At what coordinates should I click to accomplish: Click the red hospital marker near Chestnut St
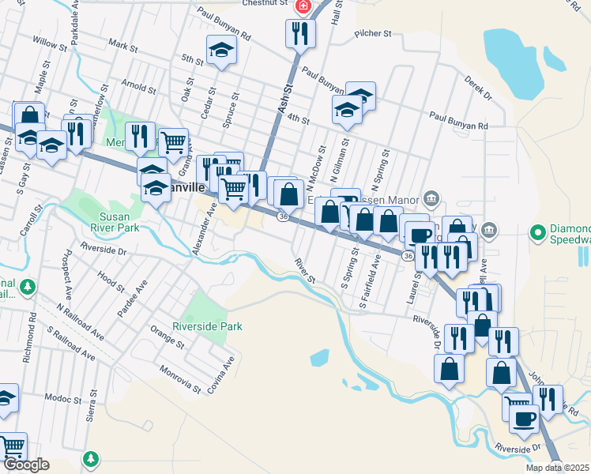point(302,6)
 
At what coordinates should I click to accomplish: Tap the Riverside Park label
point(208,325)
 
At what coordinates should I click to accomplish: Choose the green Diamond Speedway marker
point(538,233)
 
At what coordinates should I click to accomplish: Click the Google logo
point(26,465)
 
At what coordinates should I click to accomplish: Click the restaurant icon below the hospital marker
point(299,33)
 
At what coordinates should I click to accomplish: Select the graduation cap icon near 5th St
point(222,50)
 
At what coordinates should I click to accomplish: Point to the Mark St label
point(124,48)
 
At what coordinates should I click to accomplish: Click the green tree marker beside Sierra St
point(92,457)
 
